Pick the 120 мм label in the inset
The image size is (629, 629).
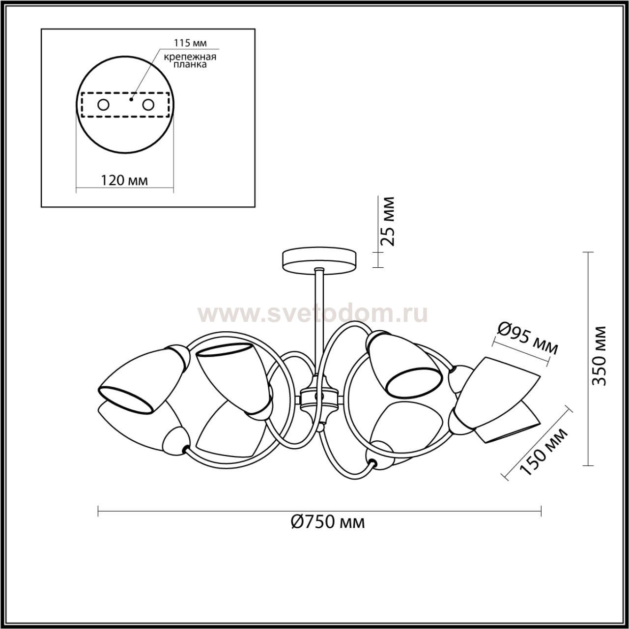(x=124, y=180)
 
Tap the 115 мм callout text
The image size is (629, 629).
(x=190, y=43)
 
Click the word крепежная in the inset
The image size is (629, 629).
(x=190, y=57)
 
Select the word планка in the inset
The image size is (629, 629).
(x=190, y=65)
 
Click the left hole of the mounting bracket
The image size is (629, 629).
(x=104, y=105)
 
